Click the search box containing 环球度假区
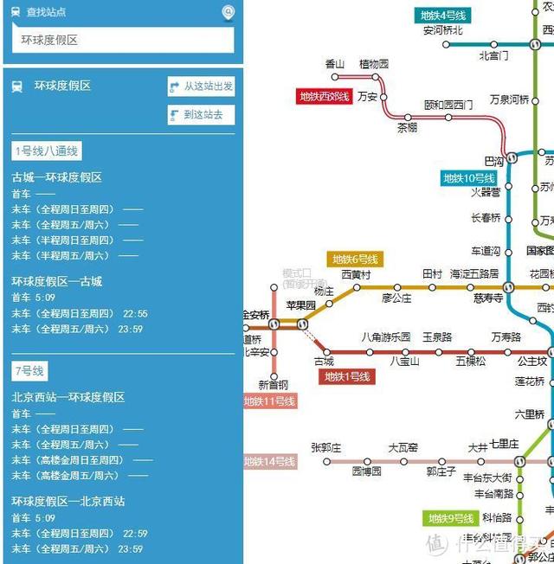(x=122, y=41)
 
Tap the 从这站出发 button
(x=202, y=87)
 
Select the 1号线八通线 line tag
(x=47, y=151)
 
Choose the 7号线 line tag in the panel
(x=29, y=371)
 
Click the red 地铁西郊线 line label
(x=325, y=97)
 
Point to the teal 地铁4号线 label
(x=442, y=16)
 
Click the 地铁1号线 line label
(x=347, y=377)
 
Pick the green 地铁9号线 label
(x=450, y=519)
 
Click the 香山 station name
(x=335, y=64)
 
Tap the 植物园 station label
(x=374, y=64)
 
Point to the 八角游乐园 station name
(x=385, y=337)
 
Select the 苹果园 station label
(x=301, y=305)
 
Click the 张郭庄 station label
(x=326, y=448)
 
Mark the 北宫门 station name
(x=493, y=56)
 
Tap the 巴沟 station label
(x=493, y=162)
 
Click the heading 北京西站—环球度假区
(x=68, y=397)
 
